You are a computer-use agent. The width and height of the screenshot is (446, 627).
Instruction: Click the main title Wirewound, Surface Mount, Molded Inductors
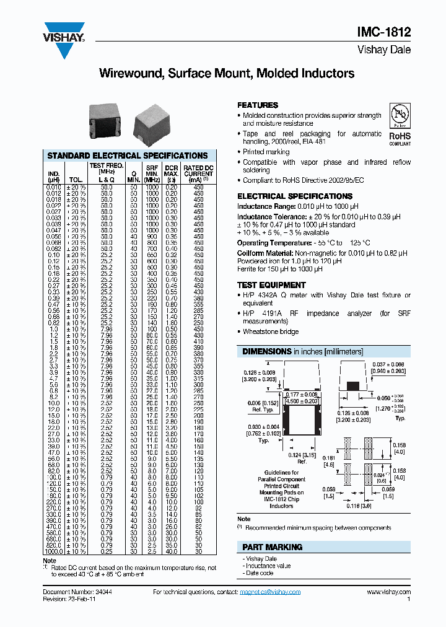click(227, 74)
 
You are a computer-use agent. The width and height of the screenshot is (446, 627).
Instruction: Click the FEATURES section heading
click(258, 105)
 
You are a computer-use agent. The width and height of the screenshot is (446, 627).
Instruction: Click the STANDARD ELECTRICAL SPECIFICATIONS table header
click(128, 156)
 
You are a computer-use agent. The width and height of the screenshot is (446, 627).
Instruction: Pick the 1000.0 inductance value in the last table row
click(53, 551)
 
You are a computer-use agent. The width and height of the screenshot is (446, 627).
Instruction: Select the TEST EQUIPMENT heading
click(271, 285)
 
